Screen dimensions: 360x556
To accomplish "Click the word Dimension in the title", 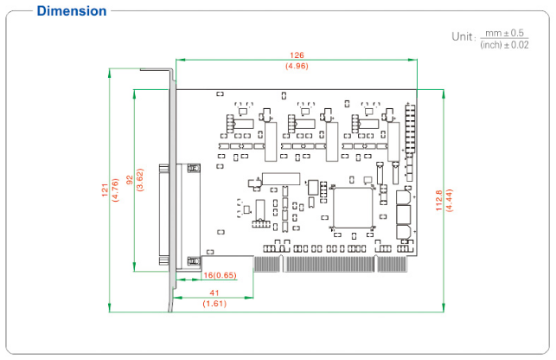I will (x=72, y=11).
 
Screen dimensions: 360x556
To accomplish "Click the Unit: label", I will (x=463, y=36).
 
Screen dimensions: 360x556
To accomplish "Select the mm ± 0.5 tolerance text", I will (x=505, y=32).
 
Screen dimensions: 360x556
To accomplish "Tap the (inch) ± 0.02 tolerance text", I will (x=504, y=44).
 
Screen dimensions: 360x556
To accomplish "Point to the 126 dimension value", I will (x=297, y=55).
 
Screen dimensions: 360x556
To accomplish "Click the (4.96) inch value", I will (x=297, y=66).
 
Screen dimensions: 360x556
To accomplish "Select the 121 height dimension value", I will (x=104, y=190).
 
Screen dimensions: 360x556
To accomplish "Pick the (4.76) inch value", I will (x=115, y=190).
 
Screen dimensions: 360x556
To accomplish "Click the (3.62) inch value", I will (x=140, y=180).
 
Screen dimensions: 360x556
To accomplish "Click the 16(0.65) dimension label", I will (x=220, y=275).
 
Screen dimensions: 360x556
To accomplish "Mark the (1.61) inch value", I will (x=214, y=305).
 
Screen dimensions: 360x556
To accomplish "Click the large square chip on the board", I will (x=352, y=208).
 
